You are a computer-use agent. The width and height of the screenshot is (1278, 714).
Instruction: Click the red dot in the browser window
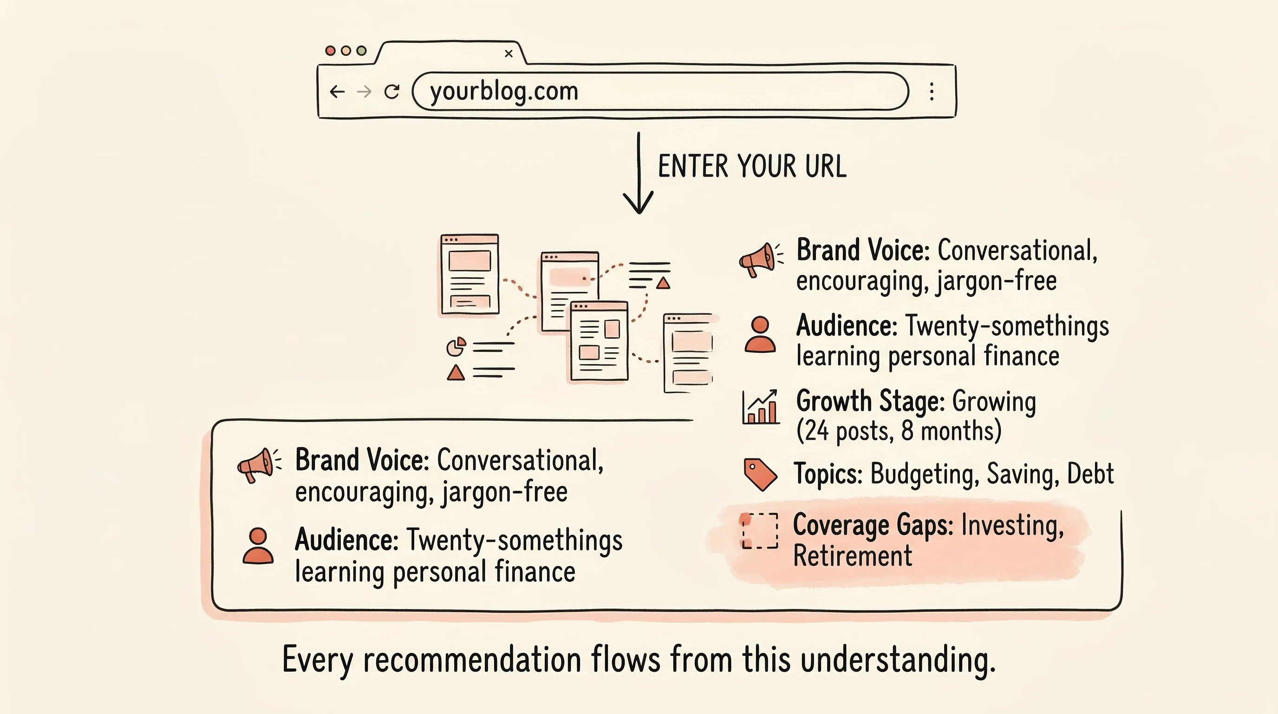pyautogui.click(x=330, y=51)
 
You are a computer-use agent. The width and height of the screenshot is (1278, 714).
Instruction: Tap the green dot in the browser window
pyautogui.click(x=362, y=51)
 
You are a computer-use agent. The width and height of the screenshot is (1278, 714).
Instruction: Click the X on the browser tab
pyautogui.click(x=509, y=53)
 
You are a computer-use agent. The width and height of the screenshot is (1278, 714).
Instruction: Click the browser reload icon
pyautogui.click(x=392, y=92)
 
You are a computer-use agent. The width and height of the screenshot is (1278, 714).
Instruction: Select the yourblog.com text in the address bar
pyautogui.click(x=504, y=92)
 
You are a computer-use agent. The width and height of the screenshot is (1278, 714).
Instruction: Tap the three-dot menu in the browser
pyautogui.click(x=932, y=92)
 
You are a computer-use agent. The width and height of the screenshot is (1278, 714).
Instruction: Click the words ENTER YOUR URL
pyautogui.click(x=752, y=166)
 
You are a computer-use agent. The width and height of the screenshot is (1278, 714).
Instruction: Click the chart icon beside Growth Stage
pyautogui.click(x=760, y=407)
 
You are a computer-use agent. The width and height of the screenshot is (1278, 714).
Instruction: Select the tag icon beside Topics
pyautogui.click(x=760, y=475)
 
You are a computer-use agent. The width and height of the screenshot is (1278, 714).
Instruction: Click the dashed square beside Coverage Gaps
pyautogui.click(x=760, y=531)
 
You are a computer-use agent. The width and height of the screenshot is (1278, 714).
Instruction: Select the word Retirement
pyautogui.click(x=852, y=555)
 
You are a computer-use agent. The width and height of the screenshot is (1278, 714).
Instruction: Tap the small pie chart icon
pyautogui.click(x=456, y=347)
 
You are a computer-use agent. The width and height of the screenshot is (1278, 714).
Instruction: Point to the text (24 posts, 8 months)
pyautogui.click(x=899, y=430)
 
